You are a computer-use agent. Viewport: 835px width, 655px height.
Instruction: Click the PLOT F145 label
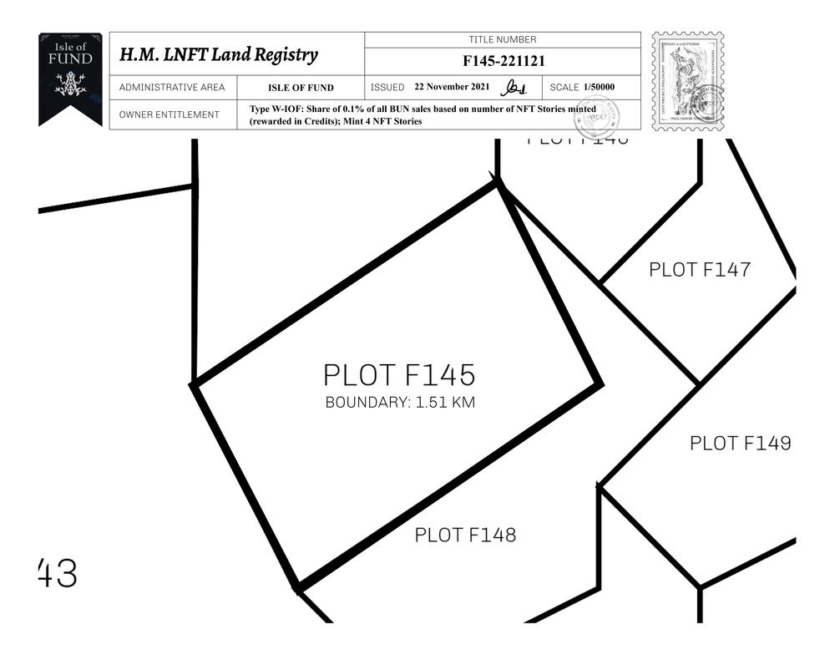pyautogui.click(x=399, y=375)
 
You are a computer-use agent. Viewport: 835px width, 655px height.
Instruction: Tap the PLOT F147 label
pyautogui.click(x=699, y=270)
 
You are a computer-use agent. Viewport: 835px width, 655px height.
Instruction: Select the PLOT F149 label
pyautogui.click(x=740, y=444)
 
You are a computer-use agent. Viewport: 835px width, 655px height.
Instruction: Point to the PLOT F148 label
pyautogui.click(x=465, y=535)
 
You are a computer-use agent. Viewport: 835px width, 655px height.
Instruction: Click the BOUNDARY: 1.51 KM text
pyautogui.click(x=400, y=403)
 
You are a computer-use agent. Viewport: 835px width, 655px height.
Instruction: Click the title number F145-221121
pyautogui.click(x=503, y=61)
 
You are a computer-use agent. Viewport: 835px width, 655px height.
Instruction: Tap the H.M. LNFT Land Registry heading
pyautogui.click(x=219, y=55)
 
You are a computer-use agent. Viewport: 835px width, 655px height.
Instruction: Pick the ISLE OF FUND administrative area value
pyautogui.click(x=301, y=88)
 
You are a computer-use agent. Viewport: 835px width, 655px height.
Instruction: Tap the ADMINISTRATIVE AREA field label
pyautogui.click(x=172, y=88)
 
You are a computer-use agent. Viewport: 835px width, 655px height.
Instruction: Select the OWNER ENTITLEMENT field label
pyautogui.click(x=170, y=115)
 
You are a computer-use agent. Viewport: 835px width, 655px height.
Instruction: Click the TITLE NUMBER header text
pyautogui.click(x=503, y=40)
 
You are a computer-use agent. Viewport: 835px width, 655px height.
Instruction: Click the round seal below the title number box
pyautogui.click(x=596, y=118)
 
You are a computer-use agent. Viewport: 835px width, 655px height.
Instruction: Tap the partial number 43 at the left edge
pyautogui.click(x=58, y=574)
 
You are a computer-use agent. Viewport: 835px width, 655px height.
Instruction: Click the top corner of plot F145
pyautogui.click(x=498, y=182)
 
